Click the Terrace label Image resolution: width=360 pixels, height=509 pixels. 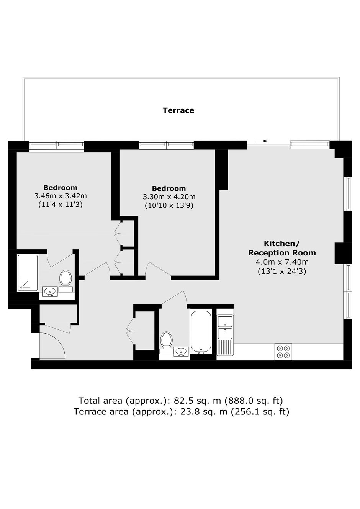[178, 110]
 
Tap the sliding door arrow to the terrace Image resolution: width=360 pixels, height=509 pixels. [263, 141]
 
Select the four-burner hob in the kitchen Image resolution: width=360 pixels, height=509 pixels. [283, 352]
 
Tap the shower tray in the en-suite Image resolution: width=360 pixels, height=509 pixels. [28, 273]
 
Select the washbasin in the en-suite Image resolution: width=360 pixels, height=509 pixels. [50, 291]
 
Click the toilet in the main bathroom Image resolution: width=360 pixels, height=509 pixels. [166, 343]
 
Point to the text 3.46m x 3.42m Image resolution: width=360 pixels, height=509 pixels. [61, 196]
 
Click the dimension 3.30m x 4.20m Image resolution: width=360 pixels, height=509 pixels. [169, 196]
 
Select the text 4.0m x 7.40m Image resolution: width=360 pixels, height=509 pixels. [282, 262]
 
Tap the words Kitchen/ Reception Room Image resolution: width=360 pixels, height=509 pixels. [282, 248]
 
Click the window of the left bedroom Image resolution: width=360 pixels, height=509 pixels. [57, 145]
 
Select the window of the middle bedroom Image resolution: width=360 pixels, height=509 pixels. [166, 145]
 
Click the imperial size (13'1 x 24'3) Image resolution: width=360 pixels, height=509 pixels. [282, 271]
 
